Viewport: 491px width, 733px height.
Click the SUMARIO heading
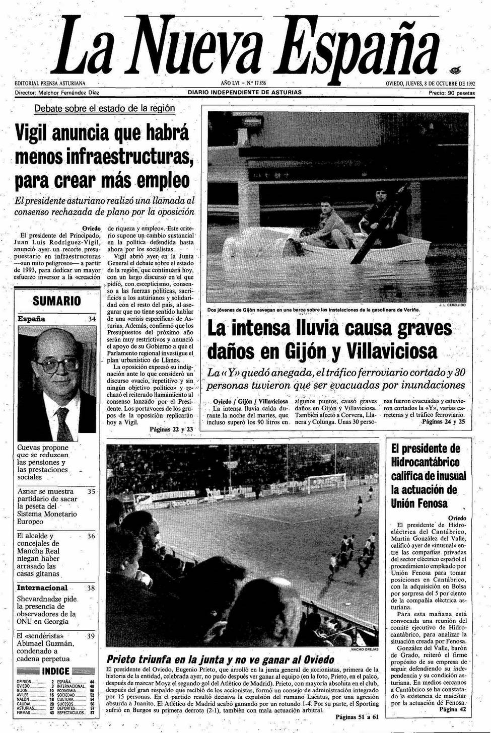click(x=56, y=301)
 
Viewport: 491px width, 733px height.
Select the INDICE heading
click(x=56, y=671)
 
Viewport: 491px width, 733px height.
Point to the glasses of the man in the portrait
click(x=57, y=364)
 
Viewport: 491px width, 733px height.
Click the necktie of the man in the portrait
click(x=63, y=424)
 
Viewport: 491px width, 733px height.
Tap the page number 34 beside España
click(x=92, y=319)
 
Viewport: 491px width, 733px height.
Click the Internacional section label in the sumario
click(x=42, y=588)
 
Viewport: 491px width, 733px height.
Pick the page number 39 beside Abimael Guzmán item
click(x=91, y=636)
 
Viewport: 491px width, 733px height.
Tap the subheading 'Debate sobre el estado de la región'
click(x=105, y=108)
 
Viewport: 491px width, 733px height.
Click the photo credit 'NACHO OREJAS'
click(x=364, y=649)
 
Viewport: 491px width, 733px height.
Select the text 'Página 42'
click(x=453, y=708)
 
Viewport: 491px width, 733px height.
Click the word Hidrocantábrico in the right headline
click(x=425, y=462)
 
